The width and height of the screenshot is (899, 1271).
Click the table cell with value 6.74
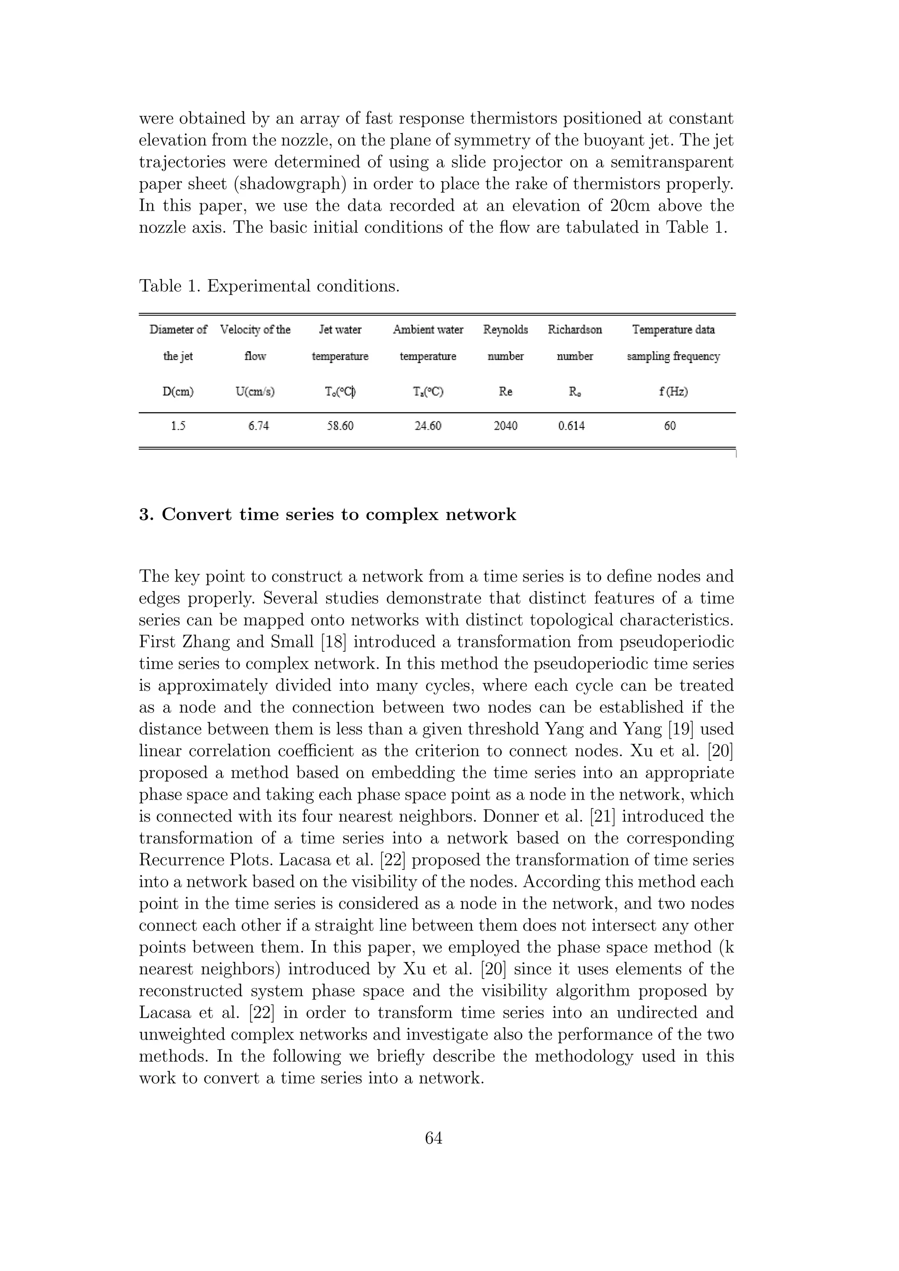[x=259, y=426]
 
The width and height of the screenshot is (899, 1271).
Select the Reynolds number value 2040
[x=505, y=426]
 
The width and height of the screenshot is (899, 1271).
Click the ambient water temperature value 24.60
[x=428, y=426]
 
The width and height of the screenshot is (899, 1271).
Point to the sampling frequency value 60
[x=670, y=426]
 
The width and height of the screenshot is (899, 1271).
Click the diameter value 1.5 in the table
[x=178, y=426]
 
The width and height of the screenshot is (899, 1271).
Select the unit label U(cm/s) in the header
[x=255, y=392]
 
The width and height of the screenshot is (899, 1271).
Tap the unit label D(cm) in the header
[x=178, y=392]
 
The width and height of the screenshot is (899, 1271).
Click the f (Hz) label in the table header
[x=673, y=392]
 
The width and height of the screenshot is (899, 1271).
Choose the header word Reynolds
[x=505, y=330]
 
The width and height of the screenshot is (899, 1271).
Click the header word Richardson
[x=575, y=330]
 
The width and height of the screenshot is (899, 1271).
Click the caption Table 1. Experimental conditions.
[x=269, y=286]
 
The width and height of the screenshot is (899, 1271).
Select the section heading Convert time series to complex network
[x=338, y=515]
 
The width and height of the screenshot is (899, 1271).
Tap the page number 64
[x=433, y=1138]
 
